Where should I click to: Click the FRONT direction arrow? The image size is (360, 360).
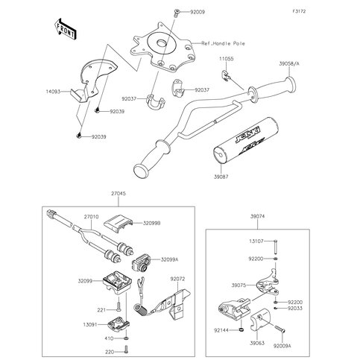(x=65, y=29)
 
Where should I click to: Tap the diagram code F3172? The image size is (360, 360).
(x=299, y=11)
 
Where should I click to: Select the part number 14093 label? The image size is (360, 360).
(x=53, y=92)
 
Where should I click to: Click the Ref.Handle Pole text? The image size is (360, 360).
(x=223, y=43)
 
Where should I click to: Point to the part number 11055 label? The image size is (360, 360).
(x=227, y=59)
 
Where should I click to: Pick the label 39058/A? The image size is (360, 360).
(x=289, y=63)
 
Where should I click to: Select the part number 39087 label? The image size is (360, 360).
(x=221, y=177)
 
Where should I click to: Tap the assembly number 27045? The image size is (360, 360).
(x=119, y=193)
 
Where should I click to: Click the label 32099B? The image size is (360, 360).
(x=151, y=224)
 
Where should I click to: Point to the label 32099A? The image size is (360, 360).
(x=170, y=259)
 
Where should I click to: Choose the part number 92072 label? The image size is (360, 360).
(x=177, y=279)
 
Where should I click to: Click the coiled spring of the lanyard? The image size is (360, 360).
(x=140, y=310)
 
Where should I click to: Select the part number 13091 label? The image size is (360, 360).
(x=90, y=324)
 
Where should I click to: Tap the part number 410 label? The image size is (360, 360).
(x=109, y=338)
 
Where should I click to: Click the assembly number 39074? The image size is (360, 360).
(x=257, y=216)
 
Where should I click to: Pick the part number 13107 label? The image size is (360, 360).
(x=256, y=241)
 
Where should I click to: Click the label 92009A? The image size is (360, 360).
(x=282, y=346)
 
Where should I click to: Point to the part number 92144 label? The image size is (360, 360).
(x=221, y=330)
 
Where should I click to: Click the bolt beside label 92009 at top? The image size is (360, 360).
(x=177, y=13)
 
